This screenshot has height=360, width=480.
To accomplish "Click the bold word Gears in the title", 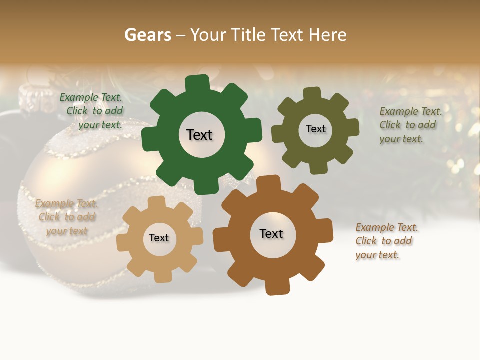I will click(147, 35).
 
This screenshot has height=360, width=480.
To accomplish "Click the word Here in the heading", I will click(327, 35).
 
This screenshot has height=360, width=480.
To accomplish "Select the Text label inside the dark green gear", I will click(199, 135).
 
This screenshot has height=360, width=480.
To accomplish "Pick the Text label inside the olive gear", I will click(315, 129).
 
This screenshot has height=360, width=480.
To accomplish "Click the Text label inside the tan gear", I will click(159, 238).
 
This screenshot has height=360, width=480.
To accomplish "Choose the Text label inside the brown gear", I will click(271, 234).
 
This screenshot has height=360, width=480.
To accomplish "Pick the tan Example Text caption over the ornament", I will click(66, 217).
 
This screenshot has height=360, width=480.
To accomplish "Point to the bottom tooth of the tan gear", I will click(163, 276).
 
